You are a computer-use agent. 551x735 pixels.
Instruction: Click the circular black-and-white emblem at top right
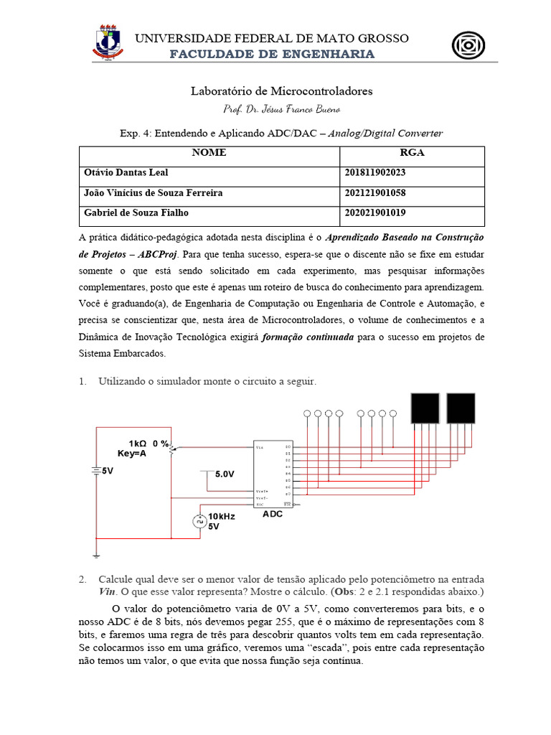pos(468,45)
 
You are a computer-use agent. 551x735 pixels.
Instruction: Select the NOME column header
pos(209,153)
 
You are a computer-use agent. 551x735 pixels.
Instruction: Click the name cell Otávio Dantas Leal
pos(127,173)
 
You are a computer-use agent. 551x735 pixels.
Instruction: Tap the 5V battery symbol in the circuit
pos(95,471)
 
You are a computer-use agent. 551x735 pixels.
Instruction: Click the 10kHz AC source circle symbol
pos(199,521)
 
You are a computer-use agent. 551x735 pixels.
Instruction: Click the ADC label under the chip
pos(273,514)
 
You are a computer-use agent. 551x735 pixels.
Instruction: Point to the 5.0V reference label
pos(225,474)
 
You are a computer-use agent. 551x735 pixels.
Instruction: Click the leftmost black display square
pos(424,408)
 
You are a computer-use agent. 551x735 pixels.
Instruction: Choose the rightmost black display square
pos(461,408)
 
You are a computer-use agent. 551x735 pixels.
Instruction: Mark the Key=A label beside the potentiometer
pos(133,454)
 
